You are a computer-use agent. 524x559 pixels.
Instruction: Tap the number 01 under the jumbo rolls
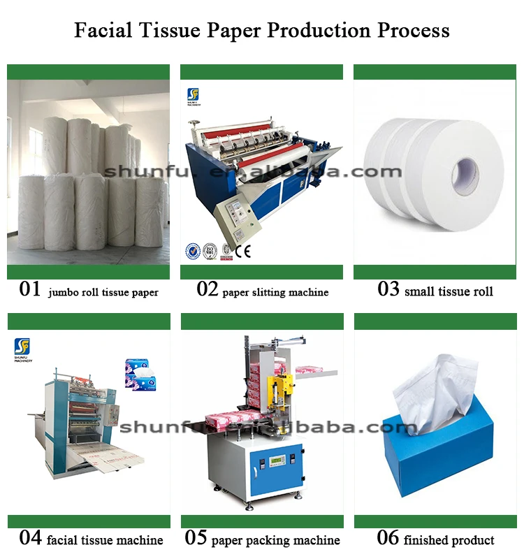pos(30,290)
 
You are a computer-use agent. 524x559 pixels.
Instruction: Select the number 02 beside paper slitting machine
pos(208,290)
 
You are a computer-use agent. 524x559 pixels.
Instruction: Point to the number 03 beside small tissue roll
pos(388,290)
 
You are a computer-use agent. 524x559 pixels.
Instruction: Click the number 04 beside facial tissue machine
pos(30,538)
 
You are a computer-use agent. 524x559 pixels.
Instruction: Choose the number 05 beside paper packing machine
pos(196,538)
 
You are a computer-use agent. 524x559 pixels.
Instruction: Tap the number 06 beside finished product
pos(388,538)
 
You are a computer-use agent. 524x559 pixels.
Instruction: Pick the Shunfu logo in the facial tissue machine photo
pos(22,345)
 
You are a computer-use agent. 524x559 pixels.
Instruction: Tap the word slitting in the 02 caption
pos(268,292)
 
